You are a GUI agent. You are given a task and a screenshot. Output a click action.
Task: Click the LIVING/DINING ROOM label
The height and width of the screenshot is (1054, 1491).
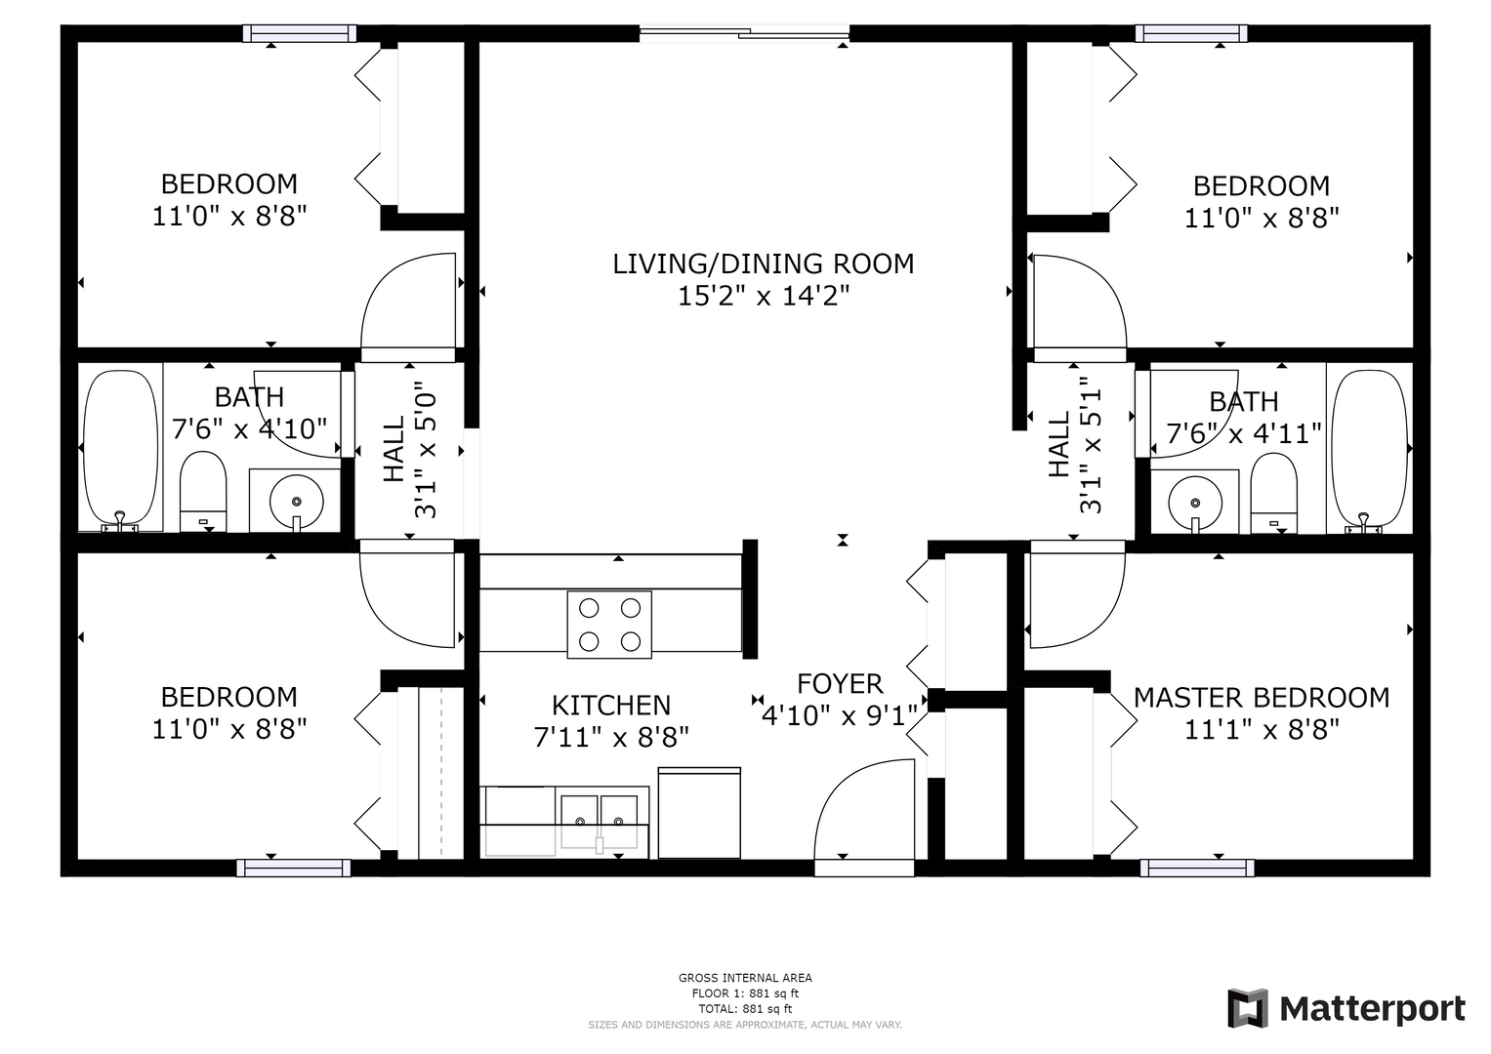click(x=763, y=264)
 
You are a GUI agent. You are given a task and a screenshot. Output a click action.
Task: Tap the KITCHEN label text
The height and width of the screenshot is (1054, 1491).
click(x=611, y=706)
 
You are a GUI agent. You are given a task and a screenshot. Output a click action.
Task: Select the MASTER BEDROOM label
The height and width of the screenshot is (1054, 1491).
click(x=1262, y=698)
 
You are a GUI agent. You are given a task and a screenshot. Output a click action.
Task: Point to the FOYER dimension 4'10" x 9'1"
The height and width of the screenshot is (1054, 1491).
click(x=840, y=716)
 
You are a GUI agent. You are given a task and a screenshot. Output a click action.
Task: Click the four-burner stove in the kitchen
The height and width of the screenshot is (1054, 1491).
click(x=609, y=625)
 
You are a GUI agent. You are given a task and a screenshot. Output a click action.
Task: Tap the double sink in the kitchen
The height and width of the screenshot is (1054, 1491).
click(x=600, y=823)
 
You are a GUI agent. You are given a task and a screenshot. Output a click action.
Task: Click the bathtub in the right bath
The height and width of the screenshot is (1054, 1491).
click(x=1369, y=452)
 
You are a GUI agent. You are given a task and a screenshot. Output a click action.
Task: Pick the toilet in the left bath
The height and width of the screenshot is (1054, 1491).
click(x=203, y=492)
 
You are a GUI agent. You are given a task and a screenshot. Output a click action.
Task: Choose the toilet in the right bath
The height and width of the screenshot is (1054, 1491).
click(x=1273, y=493)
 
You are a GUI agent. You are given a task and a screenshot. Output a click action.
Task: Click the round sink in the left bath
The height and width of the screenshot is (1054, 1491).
click(x=296, y=501)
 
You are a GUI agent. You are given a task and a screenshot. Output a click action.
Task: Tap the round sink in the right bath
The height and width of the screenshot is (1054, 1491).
click(x=1195, y=503)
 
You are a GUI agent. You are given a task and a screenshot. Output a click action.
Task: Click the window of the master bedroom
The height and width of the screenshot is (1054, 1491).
click(x=1197, y=868)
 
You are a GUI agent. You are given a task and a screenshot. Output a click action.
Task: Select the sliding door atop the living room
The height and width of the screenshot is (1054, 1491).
click(x=744, y=31)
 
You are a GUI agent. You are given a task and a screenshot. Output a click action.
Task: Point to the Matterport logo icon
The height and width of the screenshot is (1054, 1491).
click(x=1247, y=1008)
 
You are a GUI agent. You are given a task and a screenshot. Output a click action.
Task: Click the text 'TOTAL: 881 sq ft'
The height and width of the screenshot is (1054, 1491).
click(x=745, y=1009)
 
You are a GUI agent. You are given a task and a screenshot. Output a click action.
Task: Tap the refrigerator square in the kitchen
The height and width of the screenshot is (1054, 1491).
click(x=699, y=812)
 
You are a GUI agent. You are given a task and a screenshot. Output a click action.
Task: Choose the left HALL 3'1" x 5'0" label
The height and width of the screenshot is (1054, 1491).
click(x=409, y=451)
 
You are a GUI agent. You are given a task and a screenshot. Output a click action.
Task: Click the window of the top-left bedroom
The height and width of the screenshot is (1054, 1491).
click(x=299, y=33)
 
